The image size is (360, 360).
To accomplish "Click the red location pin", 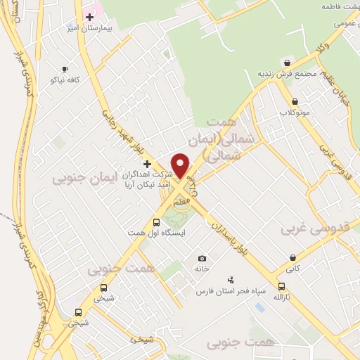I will pyautogui.click(x=181, y=165).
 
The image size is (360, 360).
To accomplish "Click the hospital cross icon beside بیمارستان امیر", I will pyautogui.click(x=89, y=16).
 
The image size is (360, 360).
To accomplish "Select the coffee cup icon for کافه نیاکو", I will pyautogui.click(x=65, y=69).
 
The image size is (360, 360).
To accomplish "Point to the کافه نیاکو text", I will pyautogui.click(x=65, y=80).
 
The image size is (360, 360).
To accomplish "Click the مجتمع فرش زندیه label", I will pyautogui.click(x=278, y=74).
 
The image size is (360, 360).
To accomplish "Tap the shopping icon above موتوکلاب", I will pyautogui.click(x=294, y=101).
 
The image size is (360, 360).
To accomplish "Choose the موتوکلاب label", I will pyautogui.click(x=294, y=112).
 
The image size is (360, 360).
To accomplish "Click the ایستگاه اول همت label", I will pyautogui.click(x=146, y=232).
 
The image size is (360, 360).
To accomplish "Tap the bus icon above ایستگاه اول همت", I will pyautogui.click(x=155, y=222).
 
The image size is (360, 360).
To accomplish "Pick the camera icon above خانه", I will pyautogui.click(x=202, y=258).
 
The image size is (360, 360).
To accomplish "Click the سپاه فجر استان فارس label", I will pyautogui.click(x=223, y=290).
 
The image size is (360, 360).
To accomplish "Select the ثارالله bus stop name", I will pyautogui.click(x=282, y=297).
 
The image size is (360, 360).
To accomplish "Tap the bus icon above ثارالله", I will pyautogui.click(x=282, y=286).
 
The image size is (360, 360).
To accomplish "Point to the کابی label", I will pyautogui.click(x=292, y=268).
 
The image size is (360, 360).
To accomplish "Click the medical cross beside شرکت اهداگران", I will pyautogui.click(x=147, y=163).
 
